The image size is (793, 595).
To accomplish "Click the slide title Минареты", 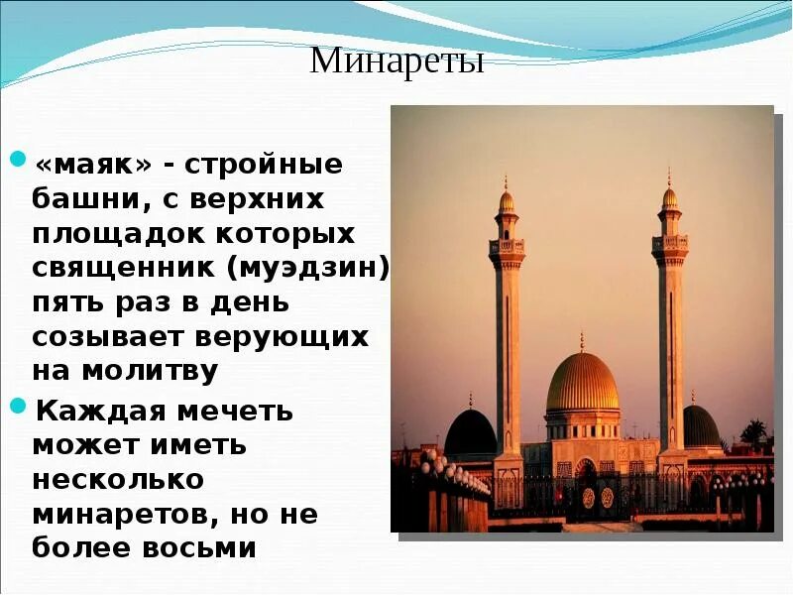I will click(396, 61).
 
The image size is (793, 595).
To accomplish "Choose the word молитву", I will click(159, 371).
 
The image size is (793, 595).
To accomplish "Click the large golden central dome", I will click(582, 383).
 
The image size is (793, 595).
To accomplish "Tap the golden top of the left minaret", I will click(507, 202).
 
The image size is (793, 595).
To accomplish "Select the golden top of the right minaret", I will click(669, 197).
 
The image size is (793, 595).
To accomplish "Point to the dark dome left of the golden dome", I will click(471, 432).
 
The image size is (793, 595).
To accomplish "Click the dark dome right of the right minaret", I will click(701, 426).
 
